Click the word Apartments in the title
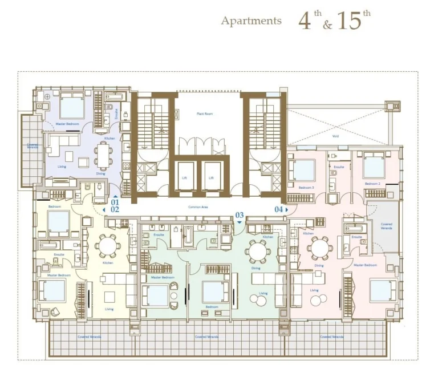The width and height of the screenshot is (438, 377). pyautogui.click(x=251, y=21)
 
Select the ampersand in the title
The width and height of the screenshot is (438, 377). pyautogui.click(x=325, y=25)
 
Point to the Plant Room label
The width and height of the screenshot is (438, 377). pyautogui.click(x=205, y=114)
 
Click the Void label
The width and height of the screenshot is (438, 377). pyautogui.click(x=335, y=136)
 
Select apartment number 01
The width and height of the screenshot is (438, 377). pyautogui.click(x=115, y=201)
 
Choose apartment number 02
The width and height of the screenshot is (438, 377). pyautogui.click(x=115, y=209)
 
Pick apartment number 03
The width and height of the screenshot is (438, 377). pyautogui.click(x=240, y=215)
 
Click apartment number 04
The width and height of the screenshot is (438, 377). pyautogui.click(x=279, y=209)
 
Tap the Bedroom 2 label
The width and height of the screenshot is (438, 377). pyautogui.click(x=372, y=184)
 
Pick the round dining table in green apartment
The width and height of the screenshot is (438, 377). pyautogui.click(x=258, y=249)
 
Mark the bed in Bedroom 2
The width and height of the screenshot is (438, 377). pyautogui.click(x=374, y=167)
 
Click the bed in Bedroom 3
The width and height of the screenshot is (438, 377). pyautogui.click(x=303, y=169)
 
